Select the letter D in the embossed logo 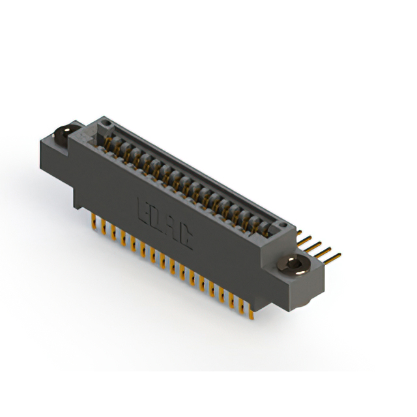(158, 219)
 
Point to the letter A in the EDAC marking (171, 228)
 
